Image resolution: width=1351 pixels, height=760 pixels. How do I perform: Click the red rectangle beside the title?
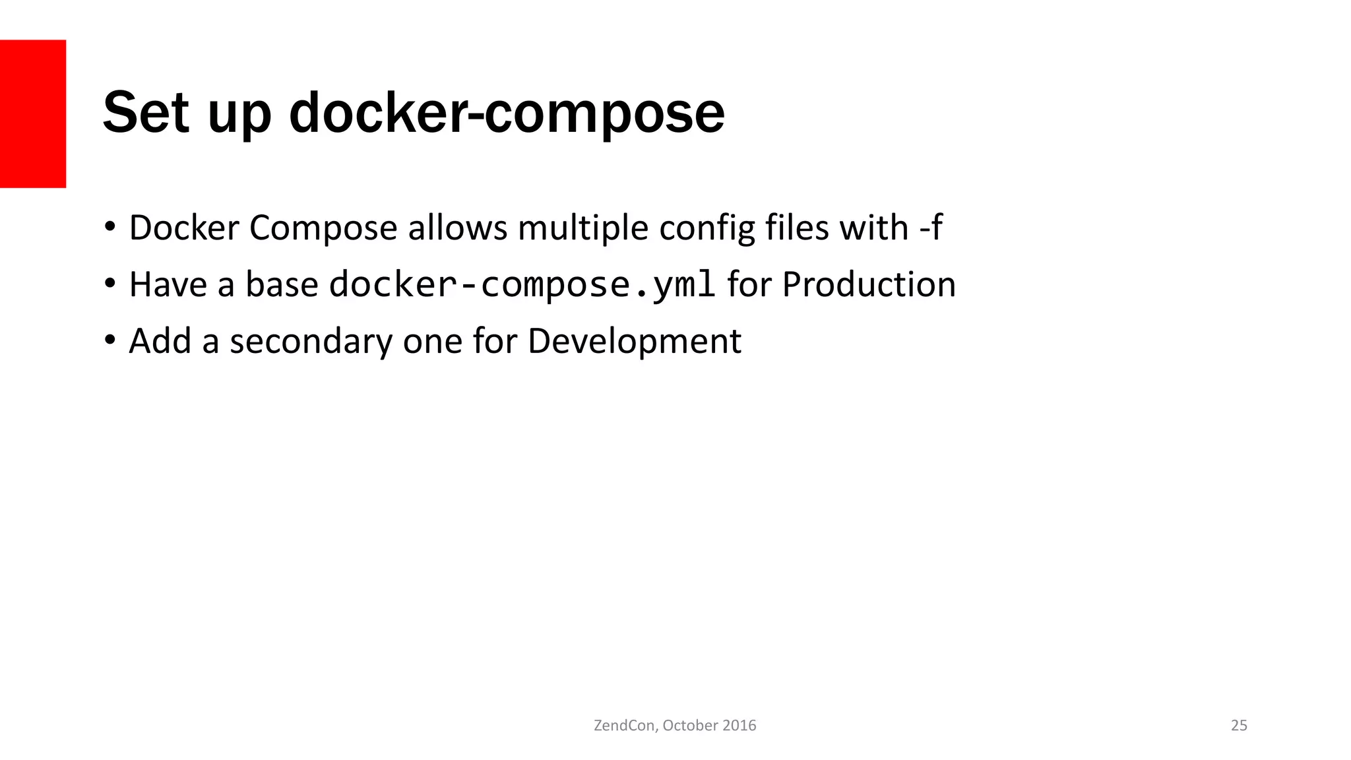(33, 113)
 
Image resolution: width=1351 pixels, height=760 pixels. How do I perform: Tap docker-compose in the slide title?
(507, 113)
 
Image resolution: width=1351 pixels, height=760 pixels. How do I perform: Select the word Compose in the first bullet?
(323, 228)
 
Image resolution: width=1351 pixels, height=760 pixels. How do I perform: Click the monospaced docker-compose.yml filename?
(522, 285)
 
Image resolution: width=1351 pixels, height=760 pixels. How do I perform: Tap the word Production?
(869, 285)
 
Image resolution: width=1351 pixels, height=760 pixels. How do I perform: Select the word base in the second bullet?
(282, 285)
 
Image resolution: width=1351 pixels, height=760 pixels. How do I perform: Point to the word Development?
(635, 342)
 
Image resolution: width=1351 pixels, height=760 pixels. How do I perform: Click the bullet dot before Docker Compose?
(110, 227)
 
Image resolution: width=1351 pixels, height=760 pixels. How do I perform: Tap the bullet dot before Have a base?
(110, 284)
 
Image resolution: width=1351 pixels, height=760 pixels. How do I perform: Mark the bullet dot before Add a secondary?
(110, 340)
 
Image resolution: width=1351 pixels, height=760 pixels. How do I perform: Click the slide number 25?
(1239, 726)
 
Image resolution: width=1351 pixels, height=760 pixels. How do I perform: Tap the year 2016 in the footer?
(739, 726)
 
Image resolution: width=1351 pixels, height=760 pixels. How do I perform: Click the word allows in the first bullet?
(457, 228)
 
